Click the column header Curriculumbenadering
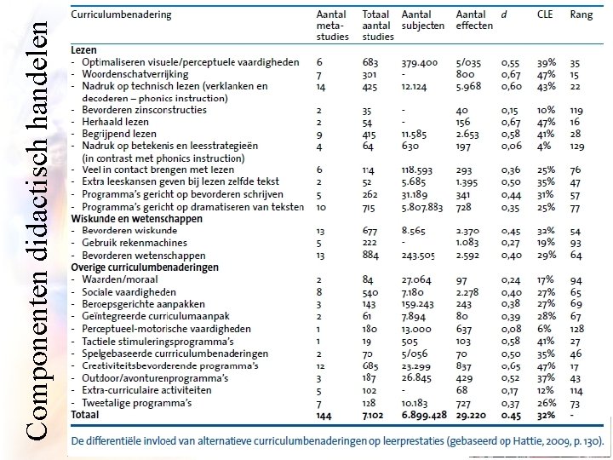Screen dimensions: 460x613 pyautogui.click(x=120, y=15)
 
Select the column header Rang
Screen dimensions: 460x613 pyautogui.click(x=581, y=15)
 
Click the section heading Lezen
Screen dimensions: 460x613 pyautogui.click(x=84, y=50)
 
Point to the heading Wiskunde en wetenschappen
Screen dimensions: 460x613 pyautogui.click(x=137, y=219)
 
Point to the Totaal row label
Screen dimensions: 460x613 pyautogui.click(x=86, y=415)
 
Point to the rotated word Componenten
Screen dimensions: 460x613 pyautogui.click(x=34, y=366)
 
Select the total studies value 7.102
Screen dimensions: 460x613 pyautogui.click(x=375, y=415)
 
